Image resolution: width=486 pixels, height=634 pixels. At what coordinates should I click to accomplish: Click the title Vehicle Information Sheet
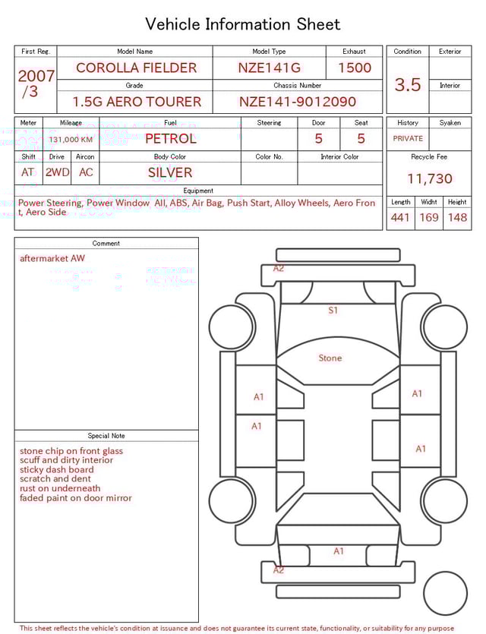[243, 24]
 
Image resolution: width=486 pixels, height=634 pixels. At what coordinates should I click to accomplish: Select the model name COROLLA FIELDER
[136, 68]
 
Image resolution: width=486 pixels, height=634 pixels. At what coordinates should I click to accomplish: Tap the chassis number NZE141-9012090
[297, 102]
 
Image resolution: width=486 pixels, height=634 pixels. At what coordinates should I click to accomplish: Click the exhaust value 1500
[355, 68]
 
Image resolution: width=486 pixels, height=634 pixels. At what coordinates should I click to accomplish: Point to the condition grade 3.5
[408, 85]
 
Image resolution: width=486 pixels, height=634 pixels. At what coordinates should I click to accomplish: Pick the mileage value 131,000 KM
[71, 140]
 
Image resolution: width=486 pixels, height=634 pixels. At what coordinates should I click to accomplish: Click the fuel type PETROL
[170, 139]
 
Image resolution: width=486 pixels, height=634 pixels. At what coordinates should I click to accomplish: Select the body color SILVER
[170, 172]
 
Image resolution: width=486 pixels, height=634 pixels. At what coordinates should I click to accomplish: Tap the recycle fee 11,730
[430, 179]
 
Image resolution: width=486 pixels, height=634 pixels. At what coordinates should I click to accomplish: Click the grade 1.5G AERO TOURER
[137, 102]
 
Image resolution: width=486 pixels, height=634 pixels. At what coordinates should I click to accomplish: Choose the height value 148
[457, 218]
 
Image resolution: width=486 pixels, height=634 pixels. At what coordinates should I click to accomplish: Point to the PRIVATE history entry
[408, 139]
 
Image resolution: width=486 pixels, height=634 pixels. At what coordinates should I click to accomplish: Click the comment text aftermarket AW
[52, 258]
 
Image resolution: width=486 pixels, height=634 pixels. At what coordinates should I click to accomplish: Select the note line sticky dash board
[57, 470]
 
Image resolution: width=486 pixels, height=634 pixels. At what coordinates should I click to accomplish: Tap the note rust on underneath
[60, 488]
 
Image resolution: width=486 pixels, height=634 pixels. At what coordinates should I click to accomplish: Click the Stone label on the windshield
[330, 358]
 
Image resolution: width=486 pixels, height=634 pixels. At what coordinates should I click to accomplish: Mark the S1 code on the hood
[333, 311]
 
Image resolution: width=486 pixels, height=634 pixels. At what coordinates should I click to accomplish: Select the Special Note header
[106, 436]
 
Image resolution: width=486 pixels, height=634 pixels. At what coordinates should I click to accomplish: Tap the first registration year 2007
[36, 76]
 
